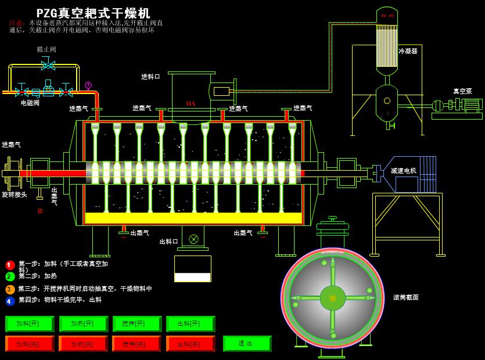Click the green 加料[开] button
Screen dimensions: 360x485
[x=30, y=323]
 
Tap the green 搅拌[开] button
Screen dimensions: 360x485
[x=137, y=323]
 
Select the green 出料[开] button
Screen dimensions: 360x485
[x=191, y=323]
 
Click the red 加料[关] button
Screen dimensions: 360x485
[x=30, y=344]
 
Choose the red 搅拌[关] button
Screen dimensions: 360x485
[x=136, y=344]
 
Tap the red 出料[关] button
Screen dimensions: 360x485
[x=191, y=344]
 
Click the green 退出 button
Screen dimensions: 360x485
[x=247, y=343]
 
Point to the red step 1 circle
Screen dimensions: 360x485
[x=10, y=265]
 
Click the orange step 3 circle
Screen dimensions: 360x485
[x=10, y=289]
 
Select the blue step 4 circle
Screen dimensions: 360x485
[x=10, y=301]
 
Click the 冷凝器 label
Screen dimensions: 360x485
[x=408, y=51]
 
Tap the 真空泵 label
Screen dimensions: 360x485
[x=462, y=91]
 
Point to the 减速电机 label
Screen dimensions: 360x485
[x=403, y=171]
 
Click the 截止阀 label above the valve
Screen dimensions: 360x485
[x=46, y=49]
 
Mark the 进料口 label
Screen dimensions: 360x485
[x=150, y=77]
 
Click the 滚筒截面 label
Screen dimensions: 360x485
[x=406, y=297]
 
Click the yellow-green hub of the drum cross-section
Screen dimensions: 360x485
[x=333, y=298]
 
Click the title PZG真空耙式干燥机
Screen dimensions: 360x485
[x=93, y=13]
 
